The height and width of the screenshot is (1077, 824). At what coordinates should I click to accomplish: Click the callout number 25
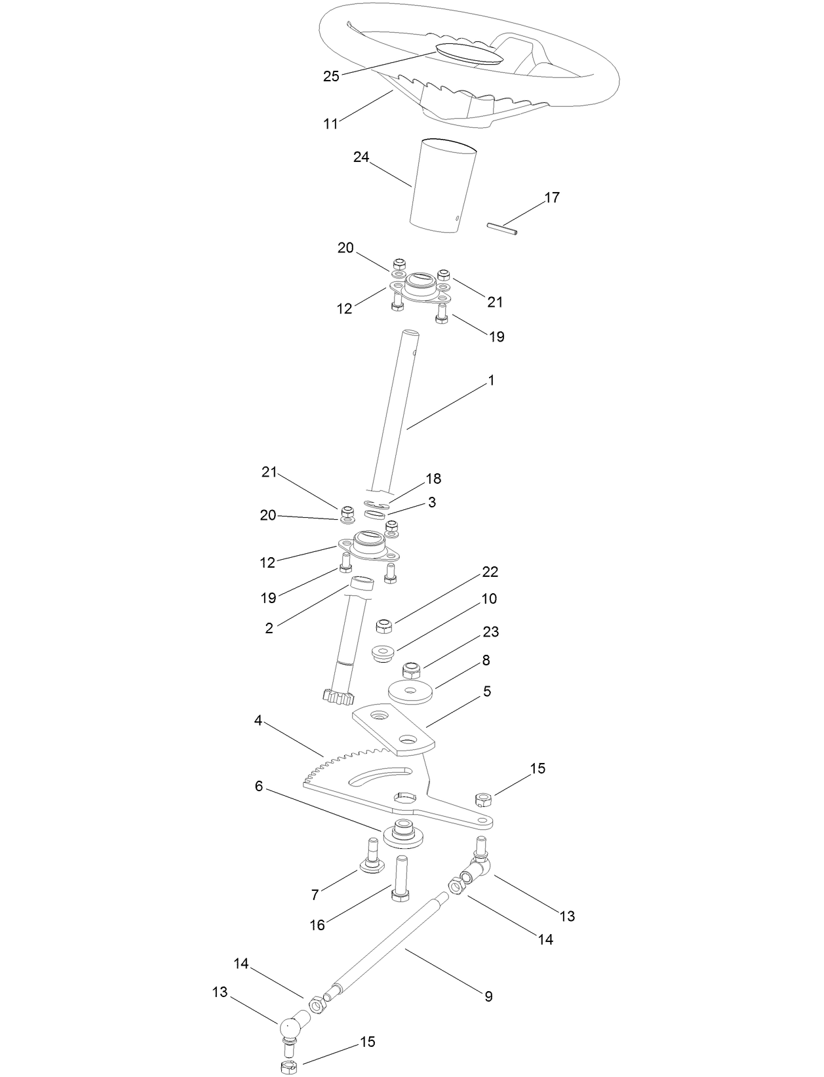[331, 76]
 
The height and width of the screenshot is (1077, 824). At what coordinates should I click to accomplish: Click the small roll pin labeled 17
[502, 228]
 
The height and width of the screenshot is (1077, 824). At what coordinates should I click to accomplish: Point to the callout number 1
[491, 380]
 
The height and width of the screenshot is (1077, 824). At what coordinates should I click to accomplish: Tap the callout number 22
[490, 572]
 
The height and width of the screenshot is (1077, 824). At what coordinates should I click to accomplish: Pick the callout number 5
[486, 691]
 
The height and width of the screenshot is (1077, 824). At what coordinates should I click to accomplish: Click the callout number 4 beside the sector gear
[258, 720]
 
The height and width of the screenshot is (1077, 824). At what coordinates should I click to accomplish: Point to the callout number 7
[315, 894]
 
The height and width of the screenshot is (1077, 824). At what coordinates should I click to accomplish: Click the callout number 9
[488, 996]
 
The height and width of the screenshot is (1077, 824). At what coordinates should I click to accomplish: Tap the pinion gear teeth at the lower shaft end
[338, 697]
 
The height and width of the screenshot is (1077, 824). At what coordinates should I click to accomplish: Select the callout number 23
[490, 631]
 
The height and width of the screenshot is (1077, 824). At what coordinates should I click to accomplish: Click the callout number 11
[330, 123]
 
